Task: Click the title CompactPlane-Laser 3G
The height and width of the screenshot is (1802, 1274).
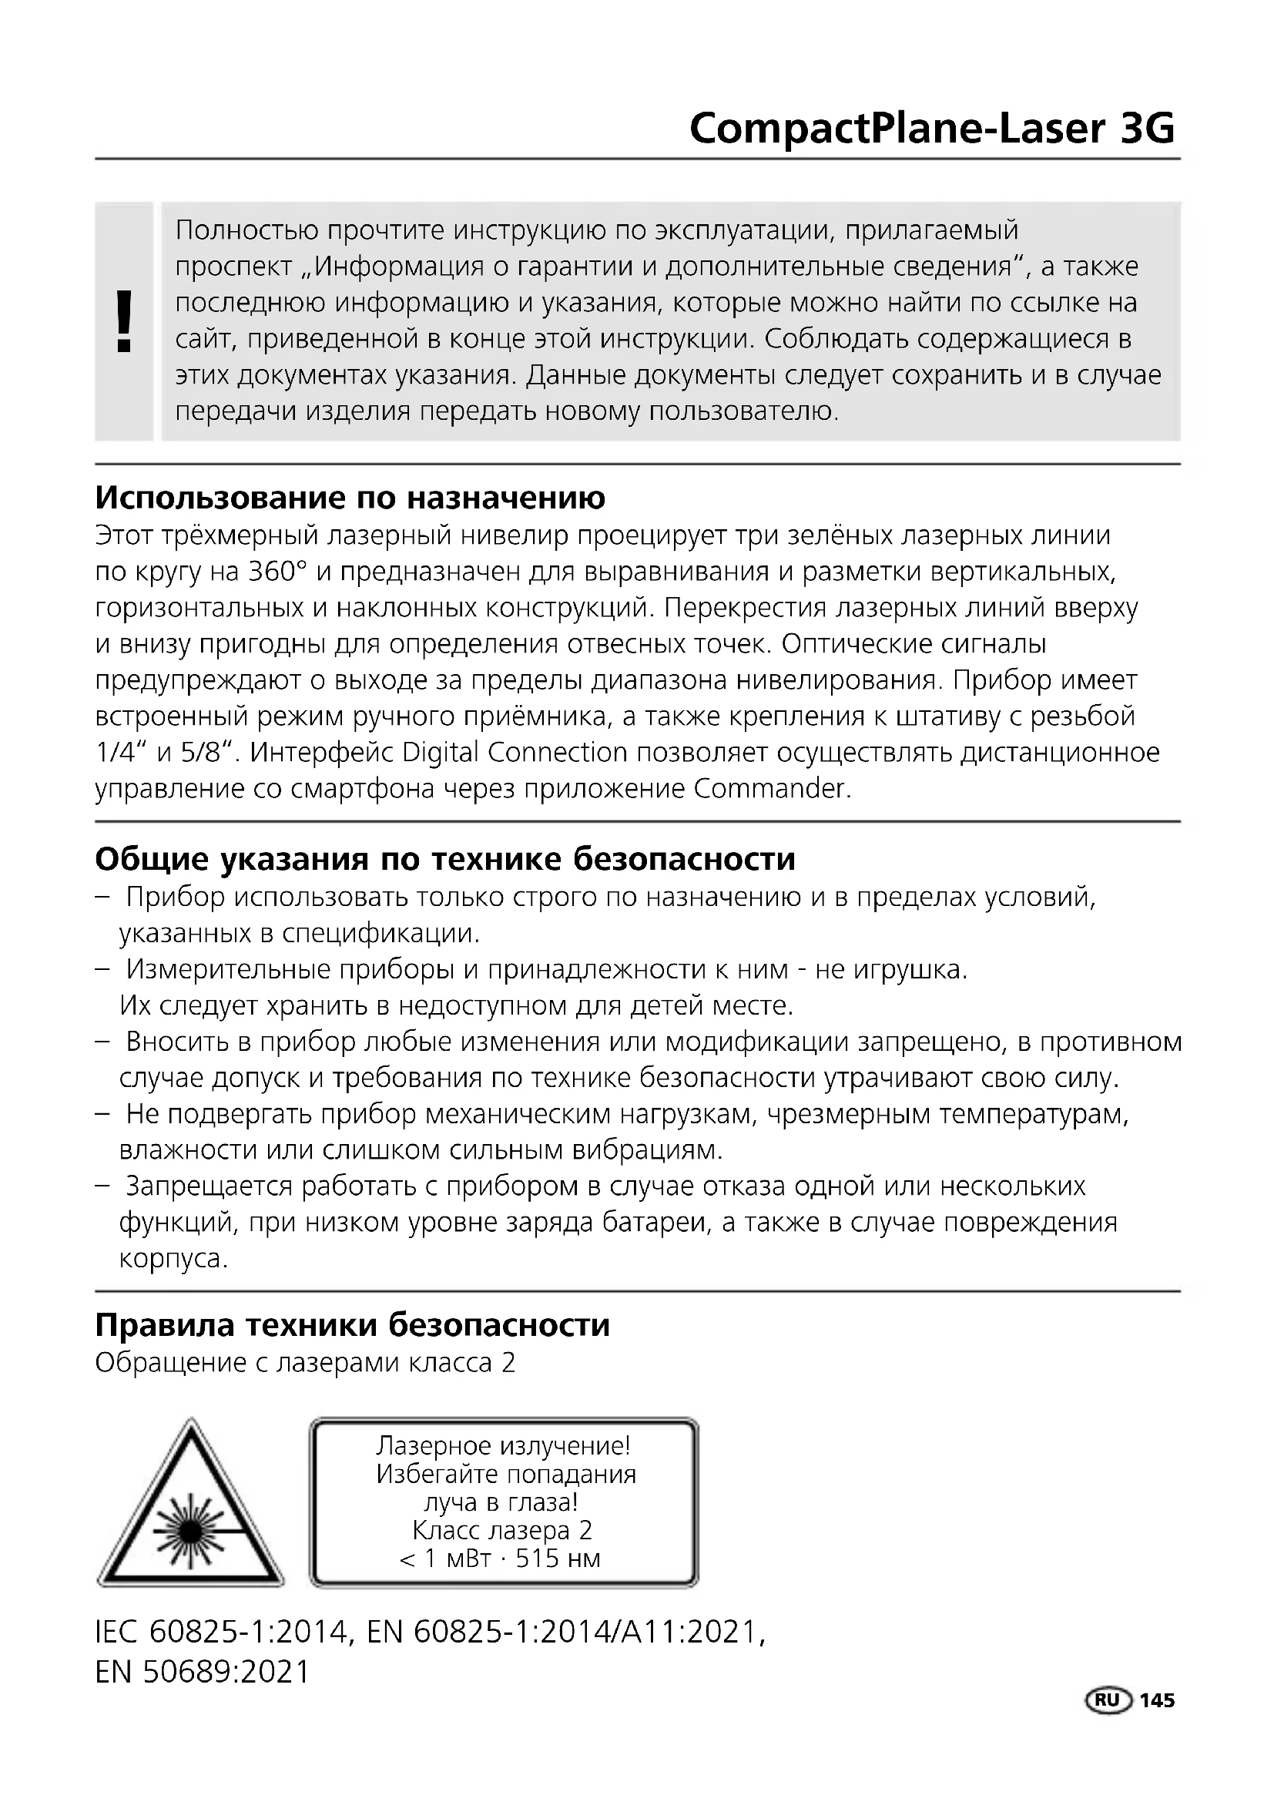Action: (931, 129)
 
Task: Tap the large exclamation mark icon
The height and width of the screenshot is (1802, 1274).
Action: (123, 321)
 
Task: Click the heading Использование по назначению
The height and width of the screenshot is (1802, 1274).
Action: (350, 498)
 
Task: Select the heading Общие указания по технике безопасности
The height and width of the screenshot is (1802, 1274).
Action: (444, 860)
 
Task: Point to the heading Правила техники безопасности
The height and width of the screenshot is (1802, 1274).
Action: (352, 1325)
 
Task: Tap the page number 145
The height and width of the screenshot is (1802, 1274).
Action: (1157, 1700)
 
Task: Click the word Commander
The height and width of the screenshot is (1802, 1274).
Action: (772, 788)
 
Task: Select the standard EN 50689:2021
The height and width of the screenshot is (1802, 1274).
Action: (203, 1673)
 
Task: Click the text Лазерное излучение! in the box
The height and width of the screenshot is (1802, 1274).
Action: (503, 1445)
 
